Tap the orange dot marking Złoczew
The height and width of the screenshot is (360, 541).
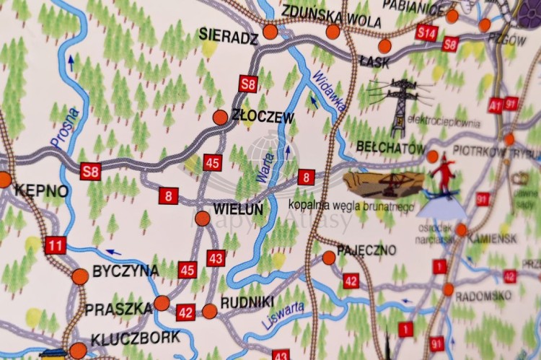[221, 117]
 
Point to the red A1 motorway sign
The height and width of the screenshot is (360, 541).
[495, 105]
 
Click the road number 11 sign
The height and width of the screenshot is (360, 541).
[56, 245]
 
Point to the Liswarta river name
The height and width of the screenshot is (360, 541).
[283, 317]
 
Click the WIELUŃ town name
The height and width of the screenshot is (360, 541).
[238, 209]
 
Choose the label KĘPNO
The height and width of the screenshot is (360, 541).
[41, 191]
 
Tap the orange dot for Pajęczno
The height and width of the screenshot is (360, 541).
[329, 257]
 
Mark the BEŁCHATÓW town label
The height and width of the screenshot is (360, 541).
[391, 148]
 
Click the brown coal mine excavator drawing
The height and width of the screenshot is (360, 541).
[383, 183]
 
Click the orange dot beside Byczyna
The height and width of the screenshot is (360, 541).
[80, 275]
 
